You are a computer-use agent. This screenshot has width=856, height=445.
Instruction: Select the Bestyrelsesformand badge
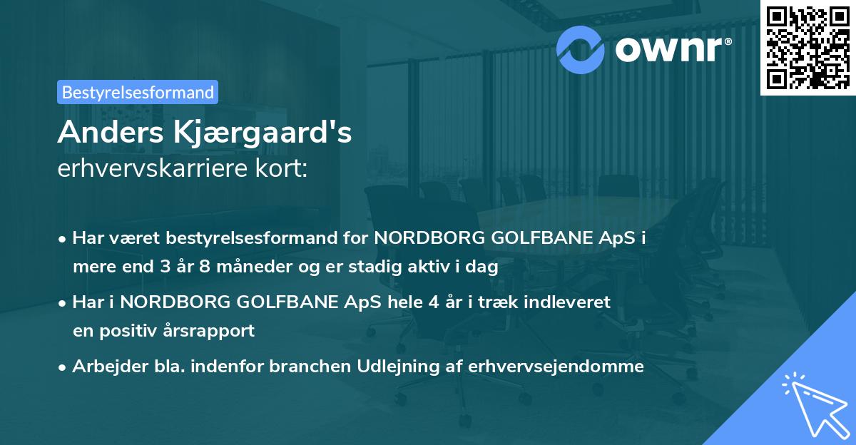tap(138, 92)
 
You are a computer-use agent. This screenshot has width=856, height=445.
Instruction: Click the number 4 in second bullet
tap(432, 302)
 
